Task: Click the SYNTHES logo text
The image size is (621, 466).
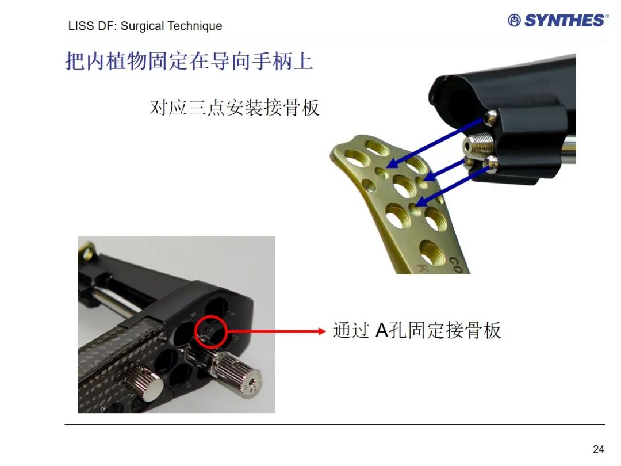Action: pyautogui.click(x=565, y=20)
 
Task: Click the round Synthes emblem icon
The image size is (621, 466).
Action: pyautogui.click(x=514, y=20)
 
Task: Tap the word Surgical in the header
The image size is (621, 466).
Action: pyautogui.click(x=142, y=26)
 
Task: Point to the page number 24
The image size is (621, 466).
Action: pyautogui.click(x=599, y=449)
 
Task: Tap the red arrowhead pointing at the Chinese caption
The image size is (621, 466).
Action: pyautogui.click(x=321, y=331)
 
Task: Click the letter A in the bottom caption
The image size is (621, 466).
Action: pyautogui.click(x=382, y=330)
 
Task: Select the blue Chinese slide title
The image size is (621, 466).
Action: pyautogui.click(x=189, y=62)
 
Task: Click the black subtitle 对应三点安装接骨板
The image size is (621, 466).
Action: pyautogui.click(x=235, y=108)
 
